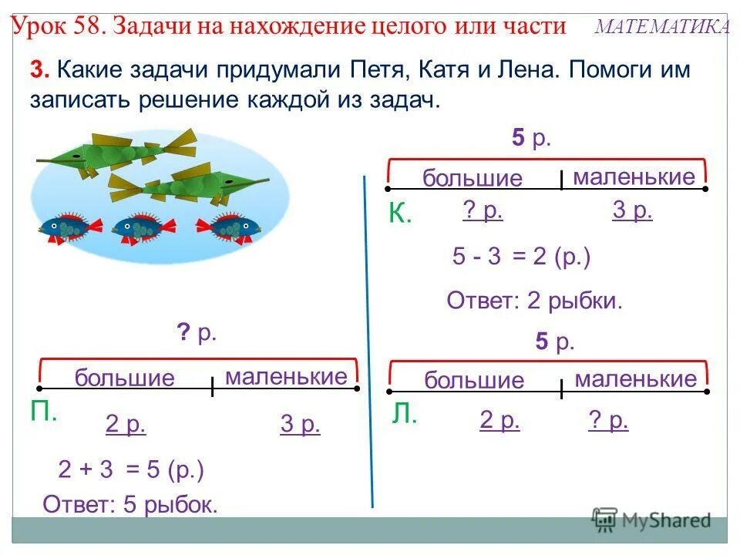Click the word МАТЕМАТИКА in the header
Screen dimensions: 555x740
coord(663,28)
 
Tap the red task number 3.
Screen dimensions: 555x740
coord(39,69)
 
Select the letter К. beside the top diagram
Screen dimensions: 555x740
coord(400,214)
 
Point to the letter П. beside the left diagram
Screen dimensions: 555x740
coord(45,412)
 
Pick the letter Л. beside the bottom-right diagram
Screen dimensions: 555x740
coord(405,416)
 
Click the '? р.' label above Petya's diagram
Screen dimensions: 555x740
coord(197,334)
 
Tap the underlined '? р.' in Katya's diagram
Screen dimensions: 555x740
coord(483,211)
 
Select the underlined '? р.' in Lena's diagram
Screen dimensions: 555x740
coord(608,420)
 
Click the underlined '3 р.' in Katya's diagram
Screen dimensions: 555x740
coord(632,211)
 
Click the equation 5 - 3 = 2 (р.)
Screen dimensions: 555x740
coord(521,257)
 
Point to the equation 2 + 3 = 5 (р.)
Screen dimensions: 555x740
coord(131,469)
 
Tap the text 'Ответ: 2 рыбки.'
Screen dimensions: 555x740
coord(534,301)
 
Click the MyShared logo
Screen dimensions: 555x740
coord(651,520)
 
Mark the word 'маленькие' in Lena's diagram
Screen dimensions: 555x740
coord(635,379)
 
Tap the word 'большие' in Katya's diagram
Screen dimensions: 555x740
coord(472,179)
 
